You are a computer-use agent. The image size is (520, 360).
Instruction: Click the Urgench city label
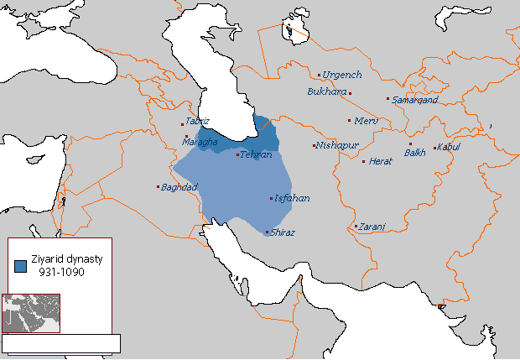(341, 75)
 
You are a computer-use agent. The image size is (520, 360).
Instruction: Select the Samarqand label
(412, 99)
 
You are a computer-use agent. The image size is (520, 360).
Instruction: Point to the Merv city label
(367, 121)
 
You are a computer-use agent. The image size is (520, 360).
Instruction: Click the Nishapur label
(338, 145)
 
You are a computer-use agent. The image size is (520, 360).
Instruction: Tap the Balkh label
(415, 152)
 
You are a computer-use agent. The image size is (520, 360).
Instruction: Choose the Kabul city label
(449, 148)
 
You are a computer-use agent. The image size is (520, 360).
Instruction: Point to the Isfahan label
(292, 198)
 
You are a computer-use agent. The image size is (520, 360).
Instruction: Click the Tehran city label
(256, 155)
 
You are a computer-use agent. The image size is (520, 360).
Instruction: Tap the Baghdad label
(179, 186)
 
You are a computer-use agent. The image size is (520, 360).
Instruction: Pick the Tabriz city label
(197, 121)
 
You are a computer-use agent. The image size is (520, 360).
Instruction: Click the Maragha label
(200, 142)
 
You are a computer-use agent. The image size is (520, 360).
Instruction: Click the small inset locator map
(31, 313)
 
